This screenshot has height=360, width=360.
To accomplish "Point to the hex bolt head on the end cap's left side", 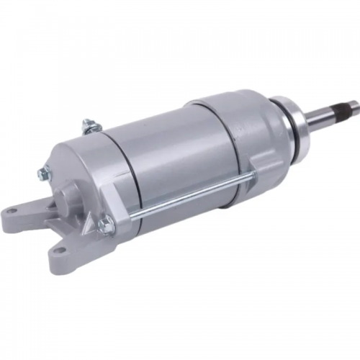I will pos(45,172).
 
